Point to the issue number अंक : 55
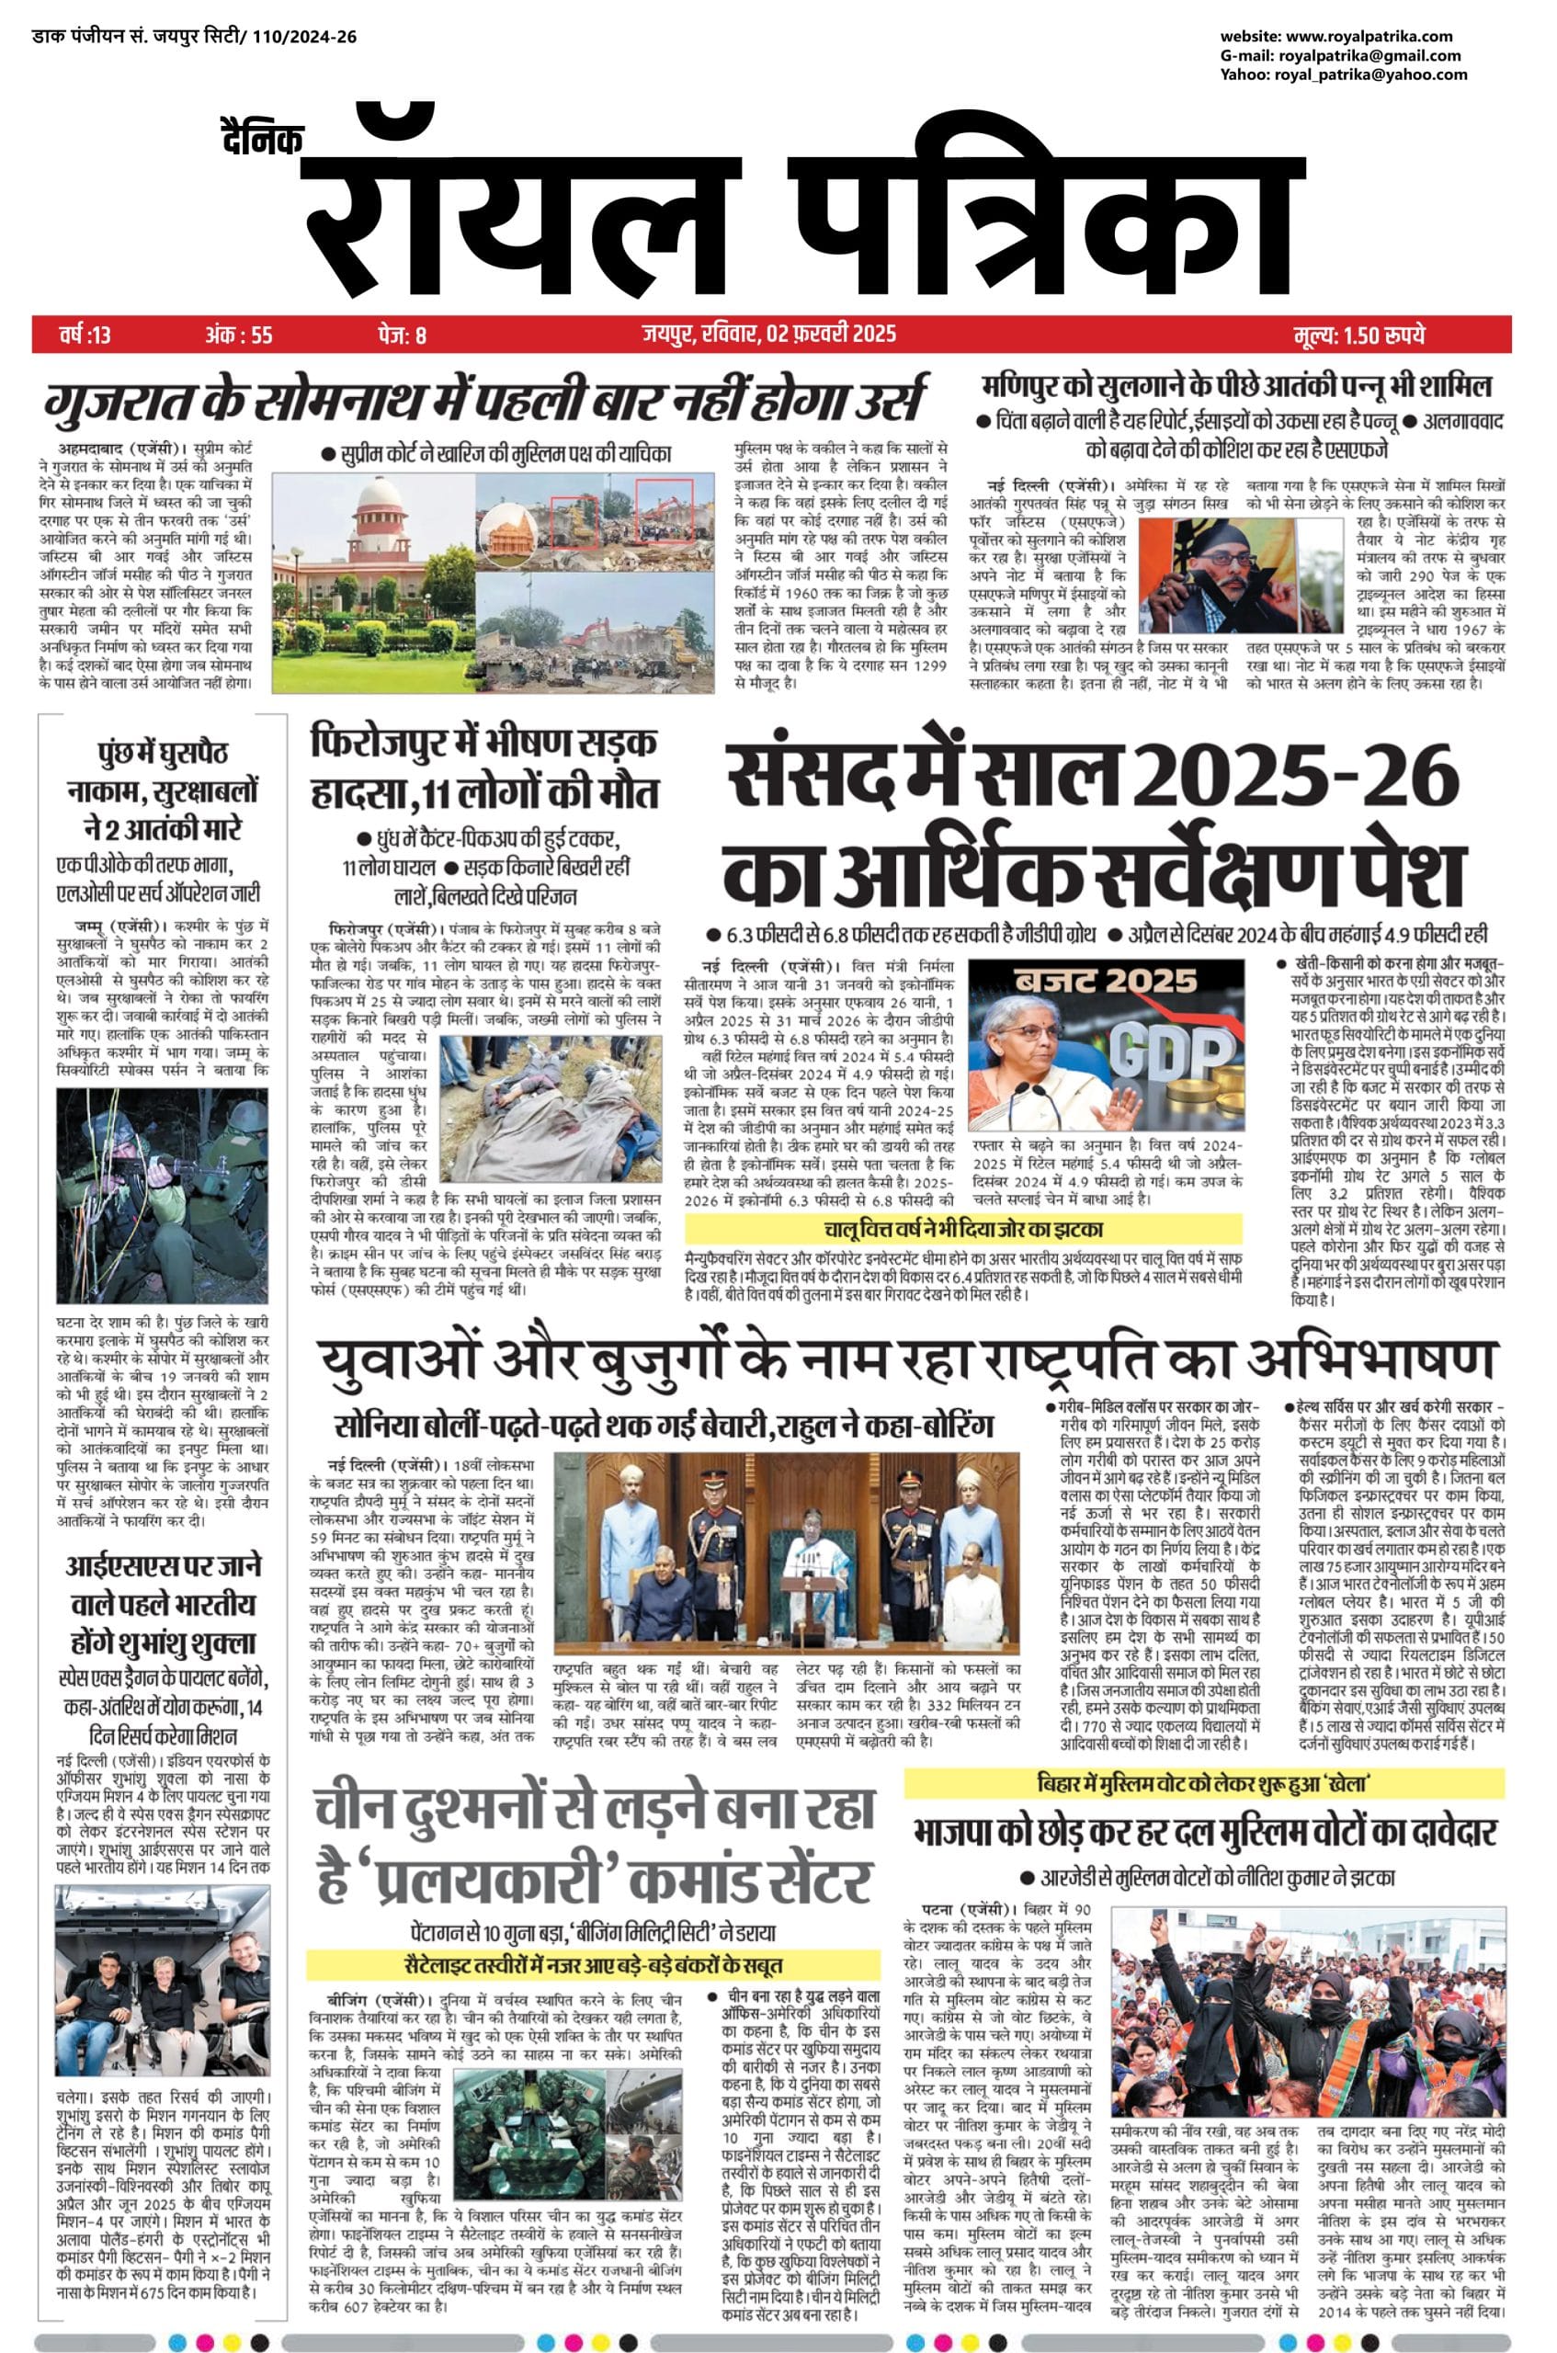(x=238, y=335)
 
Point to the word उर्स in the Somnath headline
(x=879, y=399)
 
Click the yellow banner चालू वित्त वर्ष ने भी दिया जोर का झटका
(x=963, y=1229)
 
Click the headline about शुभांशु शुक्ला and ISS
(x=162, y=1603)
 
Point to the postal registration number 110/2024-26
(x=304, y=38)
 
